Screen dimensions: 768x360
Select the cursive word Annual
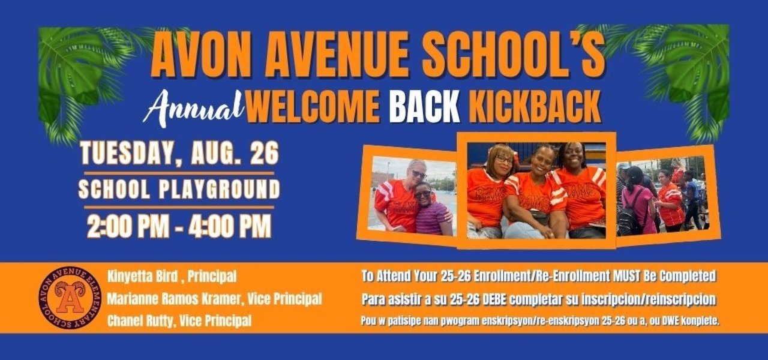pyautogui.click(x=193, y=109)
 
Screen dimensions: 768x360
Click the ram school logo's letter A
pyautogui.click(x=70, y=302)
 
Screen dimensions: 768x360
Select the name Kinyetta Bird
pyautogui.click(x=143, y=277)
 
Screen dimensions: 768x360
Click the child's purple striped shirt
pyautogui.click(x=433, y=219)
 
